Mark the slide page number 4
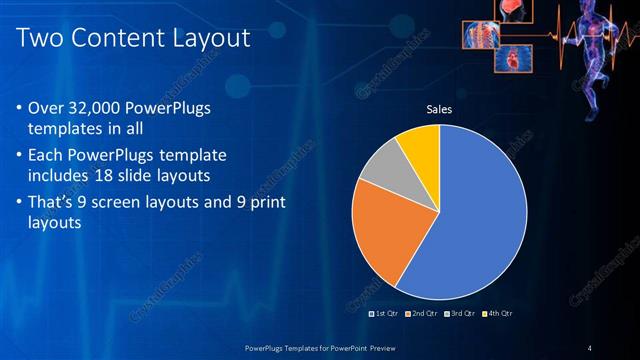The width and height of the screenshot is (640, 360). [x=590, y=347]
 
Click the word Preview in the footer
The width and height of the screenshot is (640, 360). [x=376, y=347]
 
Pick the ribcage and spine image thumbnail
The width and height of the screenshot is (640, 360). [x=480, y=35]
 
